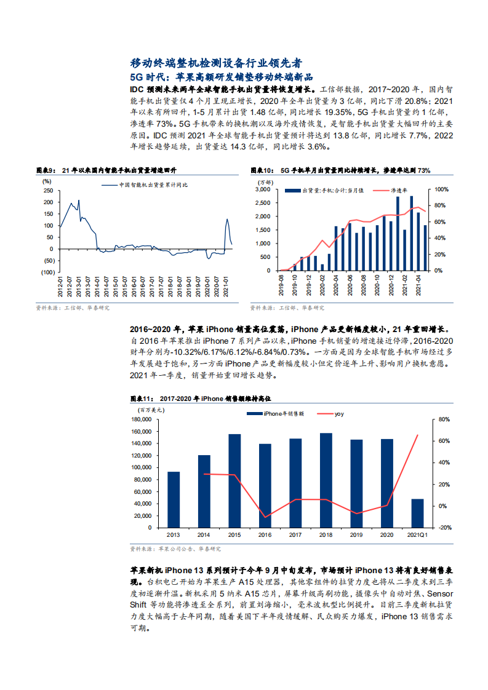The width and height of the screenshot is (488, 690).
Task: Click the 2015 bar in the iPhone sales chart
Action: (x=234, y=480)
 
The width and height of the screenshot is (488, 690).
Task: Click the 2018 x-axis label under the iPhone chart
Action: (x=326, y=535)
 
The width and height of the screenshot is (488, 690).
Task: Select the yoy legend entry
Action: (x=339, y=414)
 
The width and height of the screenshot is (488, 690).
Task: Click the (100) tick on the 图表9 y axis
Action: (x=47, y=271)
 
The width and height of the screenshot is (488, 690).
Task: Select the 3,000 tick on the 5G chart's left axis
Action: (x=262, y=189)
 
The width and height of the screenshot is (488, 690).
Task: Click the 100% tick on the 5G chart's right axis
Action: (x=441, y=189)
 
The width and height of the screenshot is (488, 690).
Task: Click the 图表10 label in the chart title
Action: (x=261, y=170)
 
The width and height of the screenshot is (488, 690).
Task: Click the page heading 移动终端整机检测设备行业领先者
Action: (x=216, y=63)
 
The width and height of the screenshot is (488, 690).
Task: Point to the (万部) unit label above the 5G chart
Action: (x=264, y=182)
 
